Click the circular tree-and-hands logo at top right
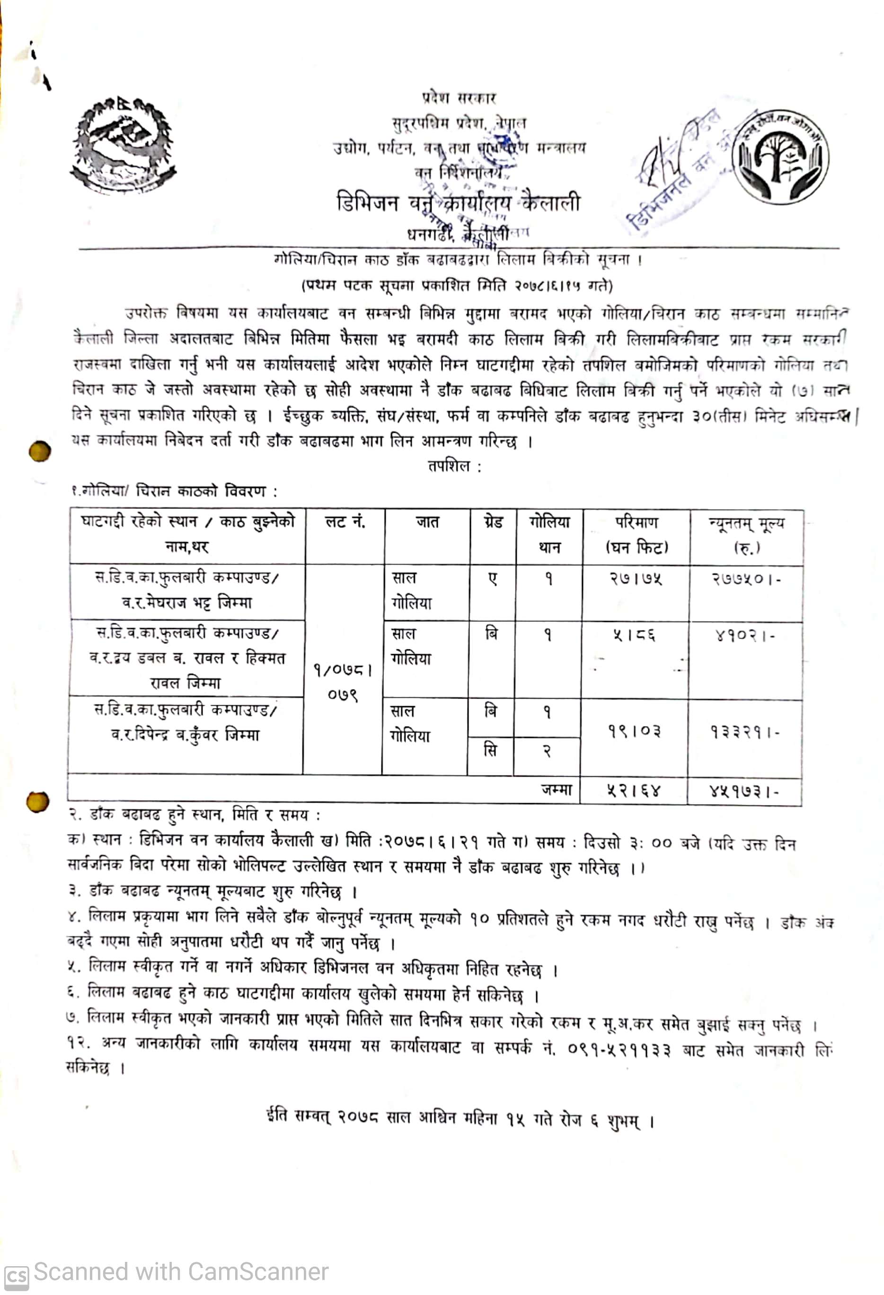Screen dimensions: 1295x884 click(x=780, y=157)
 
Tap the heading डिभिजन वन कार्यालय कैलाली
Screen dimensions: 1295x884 click(x=458, y=203)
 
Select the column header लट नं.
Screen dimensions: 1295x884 click(x=345, y=522)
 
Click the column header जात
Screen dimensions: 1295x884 click(x=427, y=522)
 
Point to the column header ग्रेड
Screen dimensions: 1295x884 click(x=493, y=522)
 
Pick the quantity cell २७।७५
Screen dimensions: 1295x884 click(x=636, y=579)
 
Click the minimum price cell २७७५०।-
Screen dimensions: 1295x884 click(x=746, y=579)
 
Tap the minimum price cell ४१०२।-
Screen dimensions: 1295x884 click(x=745, y=635)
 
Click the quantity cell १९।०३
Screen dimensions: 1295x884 click(x=634, y=731)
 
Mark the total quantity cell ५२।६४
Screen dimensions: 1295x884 click(x=633, y=790)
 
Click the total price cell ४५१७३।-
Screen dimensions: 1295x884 click(x=744, y=791)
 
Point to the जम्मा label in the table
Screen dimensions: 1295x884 click(x=556, y=789)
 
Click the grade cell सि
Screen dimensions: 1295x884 click(x=490, y=751)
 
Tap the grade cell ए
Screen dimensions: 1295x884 click(x=493, y=579)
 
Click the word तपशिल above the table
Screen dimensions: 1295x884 click(x=450, y=466)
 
